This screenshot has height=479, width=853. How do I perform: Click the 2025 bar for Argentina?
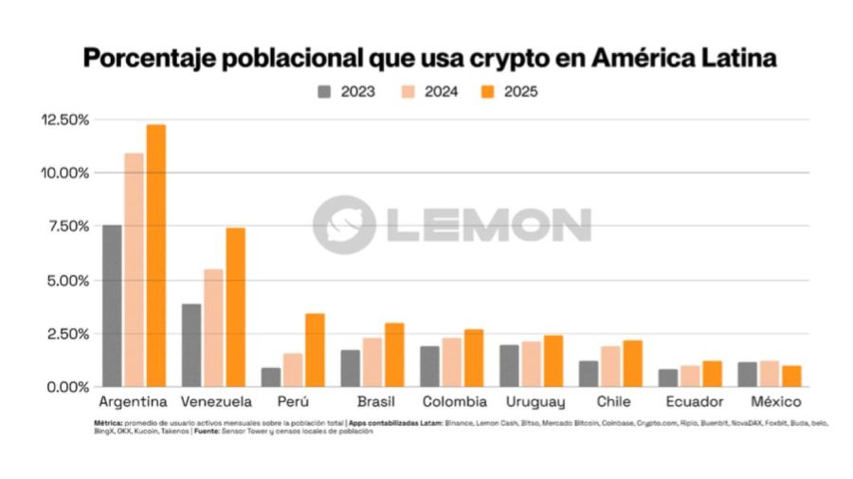[155, 256]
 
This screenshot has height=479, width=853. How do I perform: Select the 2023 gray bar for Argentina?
[112, 305]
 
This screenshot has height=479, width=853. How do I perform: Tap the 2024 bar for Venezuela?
[214, 328]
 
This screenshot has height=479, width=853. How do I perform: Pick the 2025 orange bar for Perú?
[315, 350]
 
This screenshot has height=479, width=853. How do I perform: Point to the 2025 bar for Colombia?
[473, 359]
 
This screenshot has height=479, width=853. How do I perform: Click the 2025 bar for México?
[790, 376]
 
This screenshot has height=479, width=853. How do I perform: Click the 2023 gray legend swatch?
[324, 92]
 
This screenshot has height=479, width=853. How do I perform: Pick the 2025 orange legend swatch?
[488, 92]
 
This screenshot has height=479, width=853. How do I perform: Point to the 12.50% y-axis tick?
[64, 120]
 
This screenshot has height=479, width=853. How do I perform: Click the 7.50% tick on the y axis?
[68, 227]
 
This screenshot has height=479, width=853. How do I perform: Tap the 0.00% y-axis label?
[68, 387]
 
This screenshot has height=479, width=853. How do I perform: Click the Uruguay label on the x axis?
[535, 402]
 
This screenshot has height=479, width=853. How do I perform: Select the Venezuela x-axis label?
[217, 402]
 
